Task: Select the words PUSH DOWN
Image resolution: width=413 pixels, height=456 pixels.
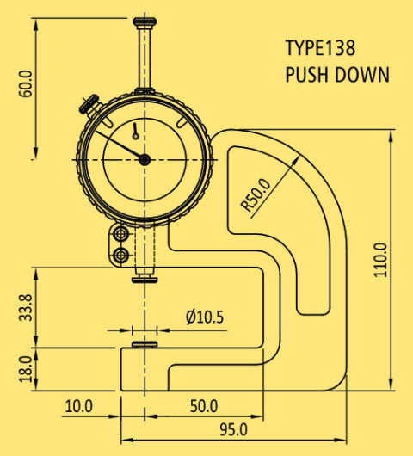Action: (336, 75)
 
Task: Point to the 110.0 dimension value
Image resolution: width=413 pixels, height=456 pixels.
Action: (381, 259)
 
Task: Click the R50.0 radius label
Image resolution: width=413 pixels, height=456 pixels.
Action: (256, 194)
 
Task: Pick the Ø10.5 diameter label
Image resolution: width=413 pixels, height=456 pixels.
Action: (204, 317)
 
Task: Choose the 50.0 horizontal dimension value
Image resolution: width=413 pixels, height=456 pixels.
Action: (203, 405)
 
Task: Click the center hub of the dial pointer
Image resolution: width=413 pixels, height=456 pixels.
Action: (145, 159)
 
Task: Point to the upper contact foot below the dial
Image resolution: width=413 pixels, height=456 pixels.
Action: (145, 277)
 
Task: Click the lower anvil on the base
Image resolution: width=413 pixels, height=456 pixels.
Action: (145, 345)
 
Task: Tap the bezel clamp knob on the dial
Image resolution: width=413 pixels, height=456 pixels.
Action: (89, 106)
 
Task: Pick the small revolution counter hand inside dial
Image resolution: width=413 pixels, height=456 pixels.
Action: (136, 131)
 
